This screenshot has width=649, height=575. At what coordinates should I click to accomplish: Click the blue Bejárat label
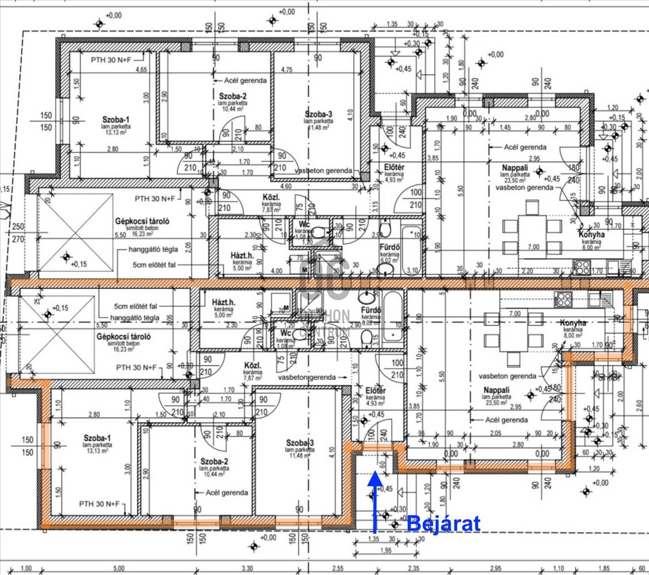tap(443, 524)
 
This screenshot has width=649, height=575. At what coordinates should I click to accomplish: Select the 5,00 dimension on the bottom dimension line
tap(119, 569)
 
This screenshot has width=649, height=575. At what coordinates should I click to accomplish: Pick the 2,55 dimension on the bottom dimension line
tap(338, 569)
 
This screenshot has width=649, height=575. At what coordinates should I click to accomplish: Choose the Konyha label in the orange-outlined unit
tap(573, 323)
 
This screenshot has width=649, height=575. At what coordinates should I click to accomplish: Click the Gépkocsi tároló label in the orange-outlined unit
tap(124, 336)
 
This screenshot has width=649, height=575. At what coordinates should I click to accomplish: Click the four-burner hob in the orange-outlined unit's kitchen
tap(562, 299)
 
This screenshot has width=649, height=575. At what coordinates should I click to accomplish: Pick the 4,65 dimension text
tap(141, 70)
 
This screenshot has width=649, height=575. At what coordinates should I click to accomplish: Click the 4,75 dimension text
tap(287, 70)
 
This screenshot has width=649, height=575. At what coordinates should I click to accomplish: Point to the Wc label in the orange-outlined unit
tap(285, 333)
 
